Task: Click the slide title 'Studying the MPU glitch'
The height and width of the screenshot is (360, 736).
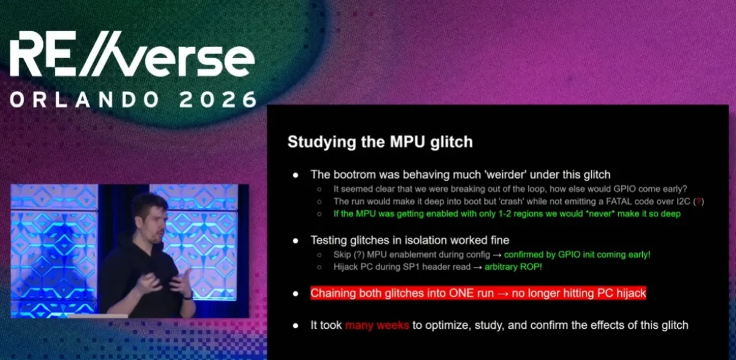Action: click(380, 142)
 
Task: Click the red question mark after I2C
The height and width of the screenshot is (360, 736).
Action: click(699, 201)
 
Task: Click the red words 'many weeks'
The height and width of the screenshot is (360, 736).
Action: click(377, 325)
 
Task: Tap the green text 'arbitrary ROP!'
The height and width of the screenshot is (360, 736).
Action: click(513, 267)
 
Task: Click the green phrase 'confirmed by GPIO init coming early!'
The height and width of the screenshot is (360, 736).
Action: click(577, 255)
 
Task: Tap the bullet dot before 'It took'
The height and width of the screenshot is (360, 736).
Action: click(296, 326)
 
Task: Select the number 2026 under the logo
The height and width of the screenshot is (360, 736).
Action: click(218, 99)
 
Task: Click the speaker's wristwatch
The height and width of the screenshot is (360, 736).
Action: click(188, 296)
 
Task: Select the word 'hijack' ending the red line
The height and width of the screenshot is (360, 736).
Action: click(631, 293)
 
